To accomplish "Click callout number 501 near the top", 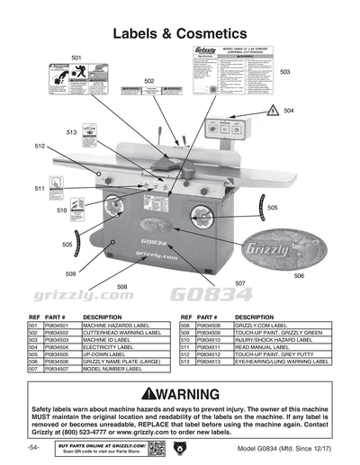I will (x=76, y=58).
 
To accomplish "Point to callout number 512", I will (x=40, y=145).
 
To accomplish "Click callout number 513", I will (x=71, y=132).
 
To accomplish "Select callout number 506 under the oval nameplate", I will (x=299, y=276).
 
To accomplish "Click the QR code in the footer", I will (x=155, y=448).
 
